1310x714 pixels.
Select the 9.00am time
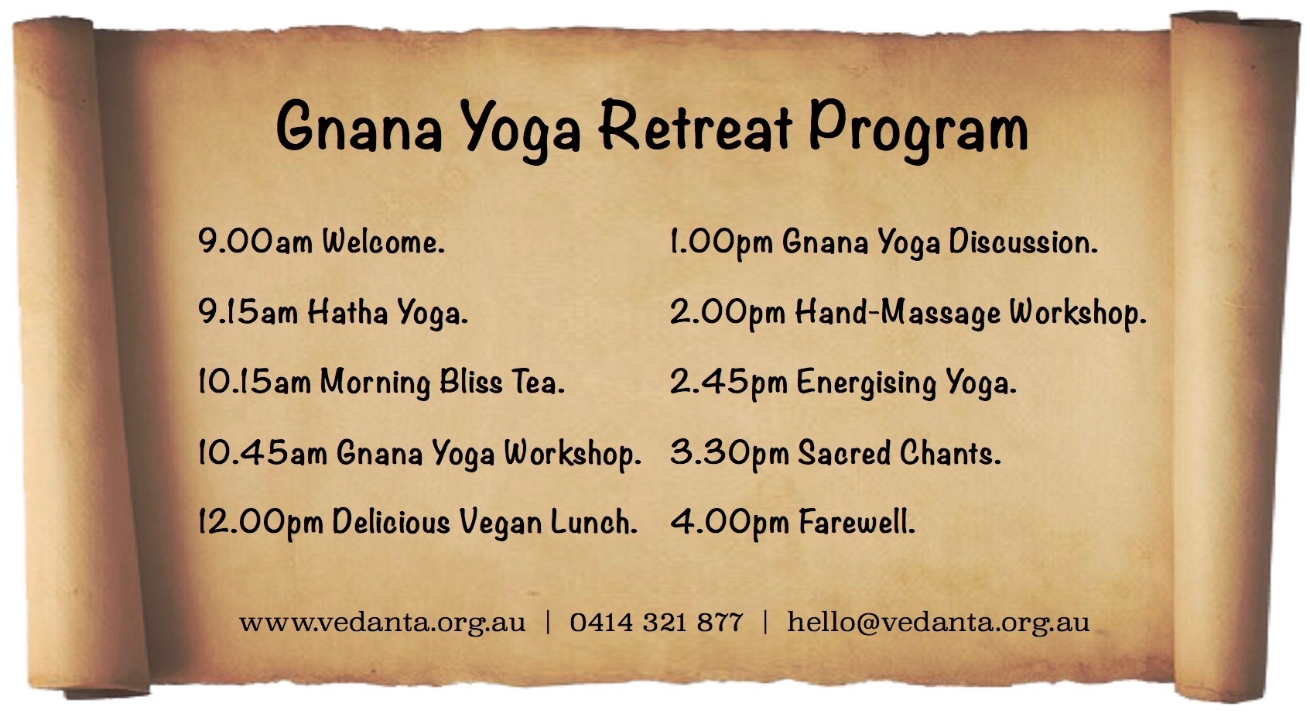[x=255, y=241]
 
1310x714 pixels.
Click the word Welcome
[x=384, y=241]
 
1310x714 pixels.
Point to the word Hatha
[x=348, y=311]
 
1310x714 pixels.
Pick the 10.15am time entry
[x=255, y=382]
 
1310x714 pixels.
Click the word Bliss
[x=470, y=382]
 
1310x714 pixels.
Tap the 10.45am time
[x=262, y=453]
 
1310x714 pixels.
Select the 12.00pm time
[x=261, y=522]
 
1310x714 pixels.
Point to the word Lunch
[x=594, y=522]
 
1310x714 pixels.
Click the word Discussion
[x=1024, y=241]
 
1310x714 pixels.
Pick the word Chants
[x=950, y=452]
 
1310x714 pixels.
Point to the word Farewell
[x=857, y=522]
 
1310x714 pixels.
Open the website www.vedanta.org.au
[x=382, y=623]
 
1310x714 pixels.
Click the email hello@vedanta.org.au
[x=939, y=623]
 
